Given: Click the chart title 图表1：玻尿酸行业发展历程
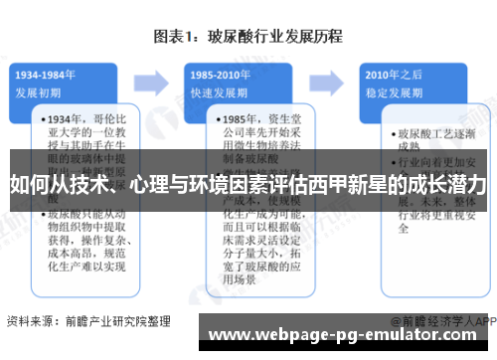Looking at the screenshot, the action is pyautogui.click(x=248, y=37).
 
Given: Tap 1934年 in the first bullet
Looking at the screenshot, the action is pyautogui.click(x=68, y=118).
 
